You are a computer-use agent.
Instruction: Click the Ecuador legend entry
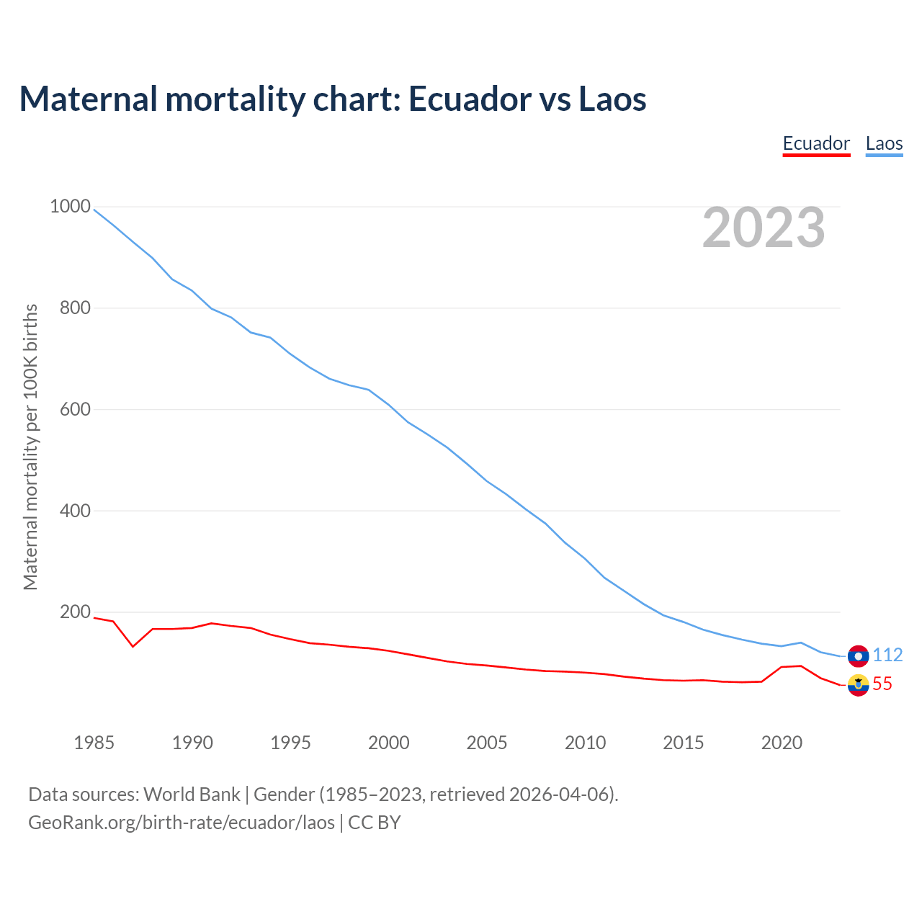tap(816, 143)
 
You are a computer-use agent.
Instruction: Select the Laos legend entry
tap(884, 143)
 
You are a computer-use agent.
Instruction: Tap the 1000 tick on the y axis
tap(70, 207)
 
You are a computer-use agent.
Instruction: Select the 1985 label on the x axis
tap(94, 743)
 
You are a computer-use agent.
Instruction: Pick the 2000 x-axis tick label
tap(389, 743)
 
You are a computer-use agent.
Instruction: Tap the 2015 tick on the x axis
tap(684, 743)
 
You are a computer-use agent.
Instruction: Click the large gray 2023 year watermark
tap(764, 228)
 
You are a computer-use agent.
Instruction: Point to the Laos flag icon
tap(858, 655)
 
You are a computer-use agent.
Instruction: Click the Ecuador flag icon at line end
tap(858, 685)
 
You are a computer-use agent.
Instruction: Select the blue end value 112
tap(887, 655)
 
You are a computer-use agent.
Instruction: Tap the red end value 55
tap(882, 684)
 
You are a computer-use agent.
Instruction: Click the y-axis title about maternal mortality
tap(30, 447)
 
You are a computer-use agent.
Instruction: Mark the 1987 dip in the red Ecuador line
tap(133, 646)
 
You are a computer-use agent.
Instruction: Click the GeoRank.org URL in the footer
tap(182, 823)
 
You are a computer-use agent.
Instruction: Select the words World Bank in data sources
tap(192, 795)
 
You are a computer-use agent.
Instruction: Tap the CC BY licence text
tap(375, 823)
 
